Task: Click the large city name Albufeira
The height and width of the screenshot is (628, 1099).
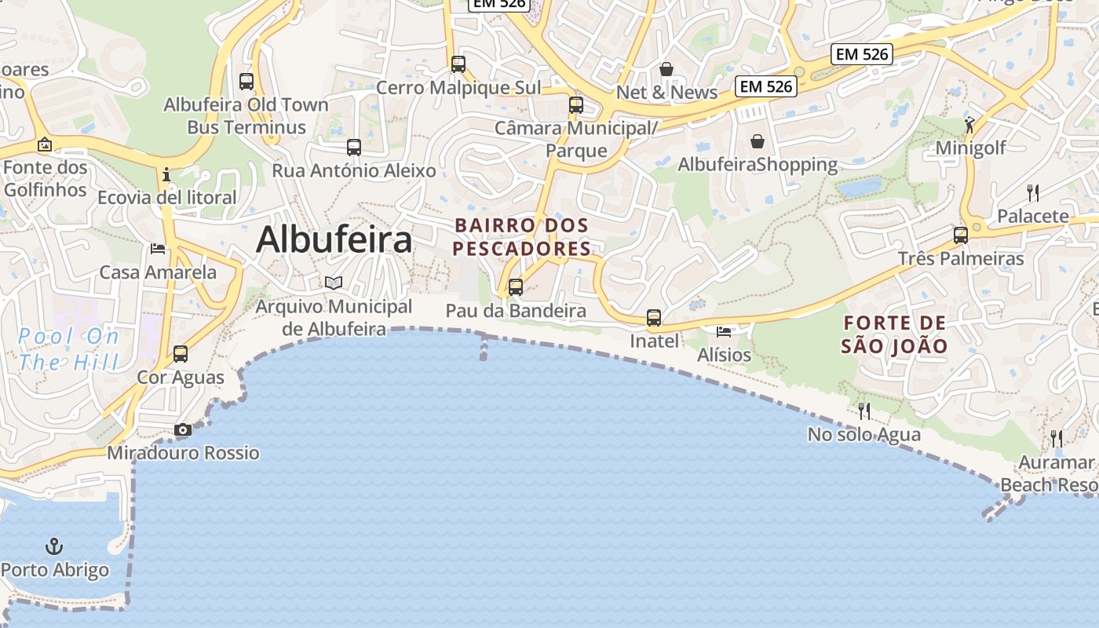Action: coord(334,239)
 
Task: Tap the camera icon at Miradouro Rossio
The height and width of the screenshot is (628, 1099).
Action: coord(182,429)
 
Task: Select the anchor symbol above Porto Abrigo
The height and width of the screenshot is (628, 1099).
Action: coord(54,546)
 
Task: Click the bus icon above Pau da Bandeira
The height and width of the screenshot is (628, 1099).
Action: coord(515,287)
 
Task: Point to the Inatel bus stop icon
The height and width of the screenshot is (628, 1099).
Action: coord(654,318)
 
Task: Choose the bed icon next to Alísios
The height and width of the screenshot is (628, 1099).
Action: coord(724,331)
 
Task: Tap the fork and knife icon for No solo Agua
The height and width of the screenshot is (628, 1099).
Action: coord(864,411)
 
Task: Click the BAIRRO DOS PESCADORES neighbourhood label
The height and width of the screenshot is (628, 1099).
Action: coord(522,237)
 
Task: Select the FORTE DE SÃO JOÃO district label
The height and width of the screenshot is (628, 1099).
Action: coord(894,334)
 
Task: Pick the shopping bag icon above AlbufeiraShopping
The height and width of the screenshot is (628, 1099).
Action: coord(758,141)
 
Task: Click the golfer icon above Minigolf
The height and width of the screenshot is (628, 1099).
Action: coord(970,125)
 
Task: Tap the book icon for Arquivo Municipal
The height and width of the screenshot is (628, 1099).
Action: coord(334,283)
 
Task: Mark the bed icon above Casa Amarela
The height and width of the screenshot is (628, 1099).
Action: coord(158,249)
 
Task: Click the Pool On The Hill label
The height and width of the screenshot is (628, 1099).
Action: coord(69,349)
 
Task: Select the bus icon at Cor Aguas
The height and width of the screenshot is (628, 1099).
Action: coord(181,354)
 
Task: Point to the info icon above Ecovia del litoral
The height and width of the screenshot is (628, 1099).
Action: coord(166,174)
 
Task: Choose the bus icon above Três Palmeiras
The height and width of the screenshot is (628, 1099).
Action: coord(961,235)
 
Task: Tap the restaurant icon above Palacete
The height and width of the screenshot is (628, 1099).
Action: coord(1033,193)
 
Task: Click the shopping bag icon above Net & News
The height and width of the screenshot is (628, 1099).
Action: coord(666,69)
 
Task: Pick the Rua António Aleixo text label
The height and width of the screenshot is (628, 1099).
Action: coord(353,170)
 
